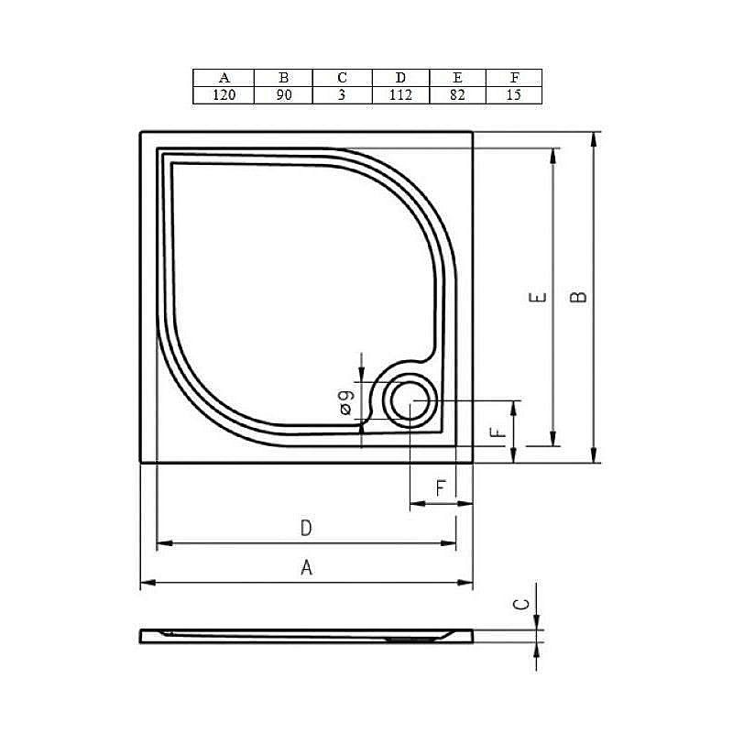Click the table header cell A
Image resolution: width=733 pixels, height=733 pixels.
[x=224, y=78]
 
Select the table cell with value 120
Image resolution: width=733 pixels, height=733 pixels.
[x=224, y=95]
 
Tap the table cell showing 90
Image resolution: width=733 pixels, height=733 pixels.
[x=283, y=95]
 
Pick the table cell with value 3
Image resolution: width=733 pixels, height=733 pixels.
[x=342, y=95]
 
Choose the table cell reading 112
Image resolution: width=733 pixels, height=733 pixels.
[x=400, y=95]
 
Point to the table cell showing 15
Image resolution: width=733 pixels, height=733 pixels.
[x=513, y=95]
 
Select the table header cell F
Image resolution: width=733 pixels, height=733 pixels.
[x=513, y=78]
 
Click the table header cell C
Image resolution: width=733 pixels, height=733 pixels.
[x=342, y=78]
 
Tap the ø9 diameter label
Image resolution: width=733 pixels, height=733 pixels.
[x=345, y=402]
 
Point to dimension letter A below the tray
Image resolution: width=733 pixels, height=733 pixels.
[x=307, y=568]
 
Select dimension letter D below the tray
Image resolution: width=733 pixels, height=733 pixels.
[x=307, y=529]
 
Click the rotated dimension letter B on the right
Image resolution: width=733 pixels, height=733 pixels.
[x=578, y=298]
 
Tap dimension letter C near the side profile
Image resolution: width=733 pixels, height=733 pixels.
[x=520, y=605]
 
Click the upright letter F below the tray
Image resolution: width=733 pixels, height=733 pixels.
[x=441, y=489]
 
